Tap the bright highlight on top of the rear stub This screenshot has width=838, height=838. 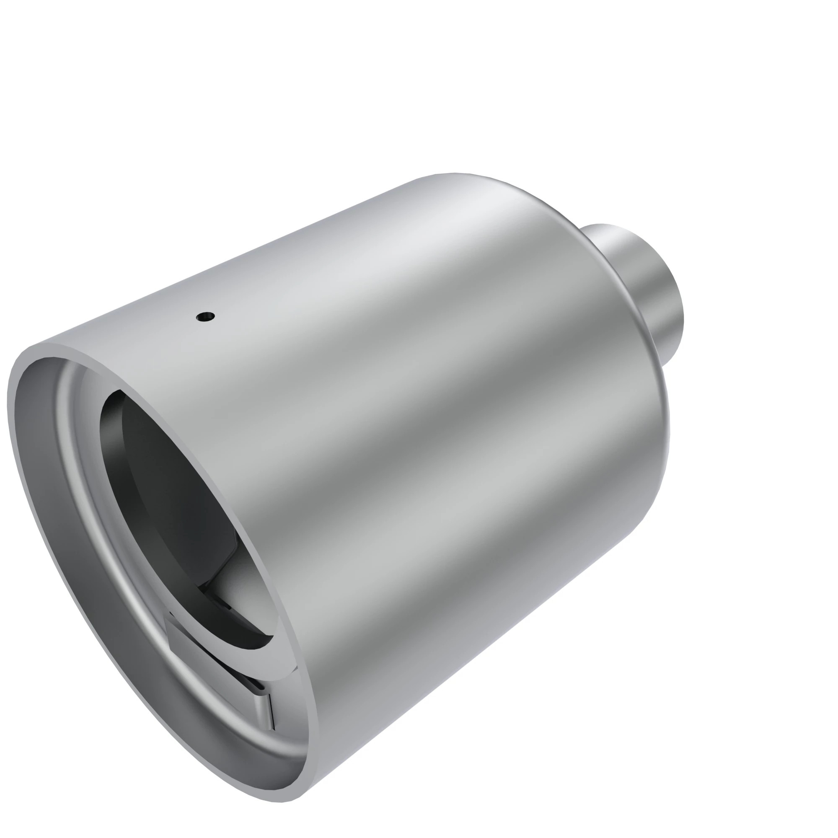click(x=616, y=243)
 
